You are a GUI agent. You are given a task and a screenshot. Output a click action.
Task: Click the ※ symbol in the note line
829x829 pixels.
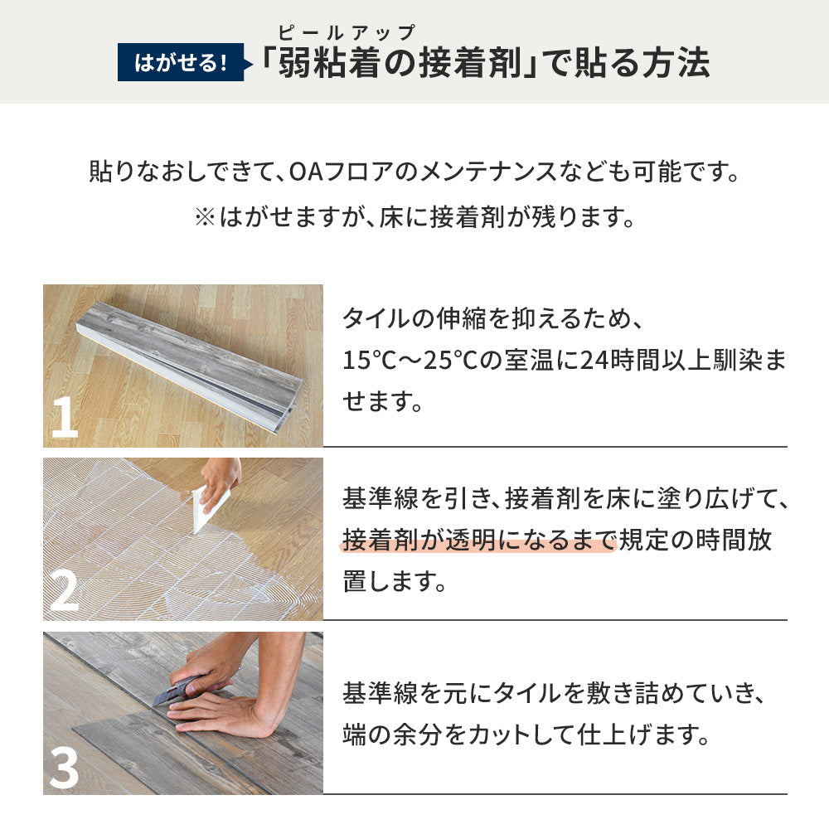204,218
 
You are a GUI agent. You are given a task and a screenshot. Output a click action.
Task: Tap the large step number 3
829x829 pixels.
64,768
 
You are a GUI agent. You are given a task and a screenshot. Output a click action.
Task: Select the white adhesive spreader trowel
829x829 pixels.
207,508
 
